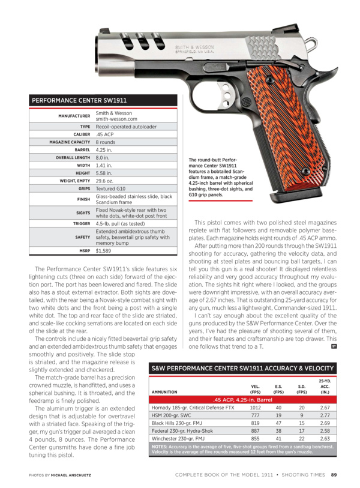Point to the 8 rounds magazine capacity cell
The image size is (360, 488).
[x=106, y=142]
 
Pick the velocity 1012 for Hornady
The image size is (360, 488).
[x=256, y=407]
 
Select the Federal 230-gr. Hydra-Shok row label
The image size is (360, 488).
[x=184, y=430]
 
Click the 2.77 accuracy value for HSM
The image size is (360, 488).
[x=325, y=415]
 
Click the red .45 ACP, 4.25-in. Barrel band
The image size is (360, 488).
[x=241, y=399]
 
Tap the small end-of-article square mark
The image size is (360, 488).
[x=334, y=346]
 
